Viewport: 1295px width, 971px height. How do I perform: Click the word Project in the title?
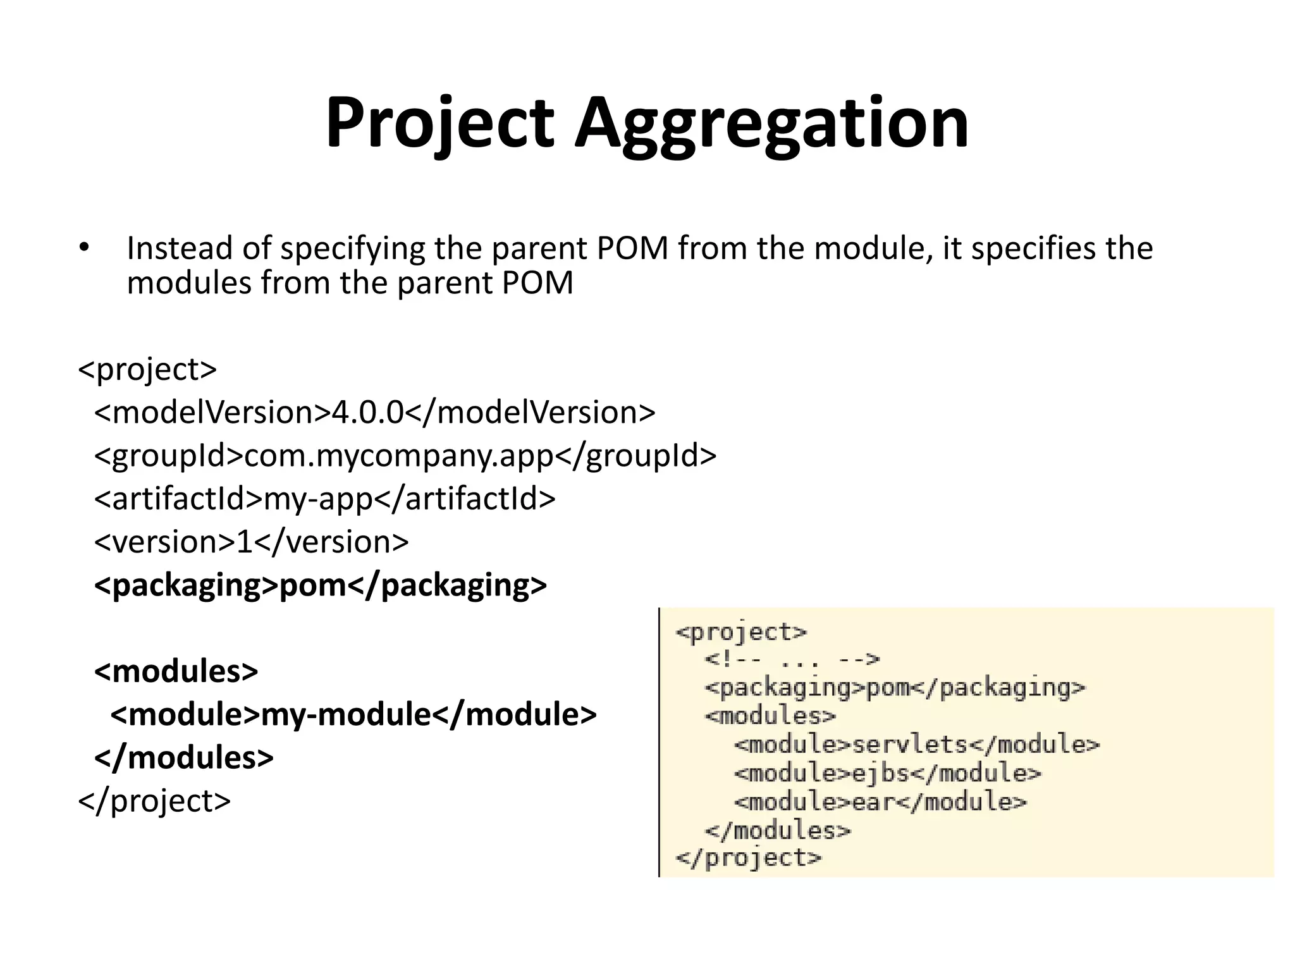click(x=439, y=123)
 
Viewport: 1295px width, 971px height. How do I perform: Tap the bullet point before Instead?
click(x=84, y=248)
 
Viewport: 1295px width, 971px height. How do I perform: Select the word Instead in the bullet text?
click(x=179, y=248)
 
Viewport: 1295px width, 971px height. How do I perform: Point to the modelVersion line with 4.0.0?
click(x=374, y=412)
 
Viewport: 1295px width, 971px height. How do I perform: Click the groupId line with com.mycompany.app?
click(x=405, y=456)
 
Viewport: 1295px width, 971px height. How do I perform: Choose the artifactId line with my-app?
click(x=324, y=499)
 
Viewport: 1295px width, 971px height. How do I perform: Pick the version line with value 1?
click(x=251, y=542)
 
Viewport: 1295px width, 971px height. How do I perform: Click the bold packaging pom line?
click(x=320, y=585)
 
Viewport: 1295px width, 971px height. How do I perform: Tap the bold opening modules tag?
click(x=176, y=671)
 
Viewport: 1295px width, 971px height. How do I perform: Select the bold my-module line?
click(x=353, y=714)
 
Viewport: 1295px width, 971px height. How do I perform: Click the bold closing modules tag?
click(x=183, y=757)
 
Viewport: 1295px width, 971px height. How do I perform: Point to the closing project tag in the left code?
click(x=154, y=800)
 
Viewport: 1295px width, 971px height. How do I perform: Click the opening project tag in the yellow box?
click(x=741, y=632)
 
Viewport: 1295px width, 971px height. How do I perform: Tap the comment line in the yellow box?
click(x=792, y=660)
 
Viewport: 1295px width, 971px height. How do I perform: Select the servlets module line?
click(x=917, y=745)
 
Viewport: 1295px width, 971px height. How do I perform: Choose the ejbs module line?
click(x=887, y=773)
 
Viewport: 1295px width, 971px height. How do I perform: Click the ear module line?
click(x=880, y=802)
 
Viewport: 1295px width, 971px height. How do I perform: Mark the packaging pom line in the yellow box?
click(x=895, y=688)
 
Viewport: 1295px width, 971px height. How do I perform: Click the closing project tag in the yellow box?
click(x=748, y=858)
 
